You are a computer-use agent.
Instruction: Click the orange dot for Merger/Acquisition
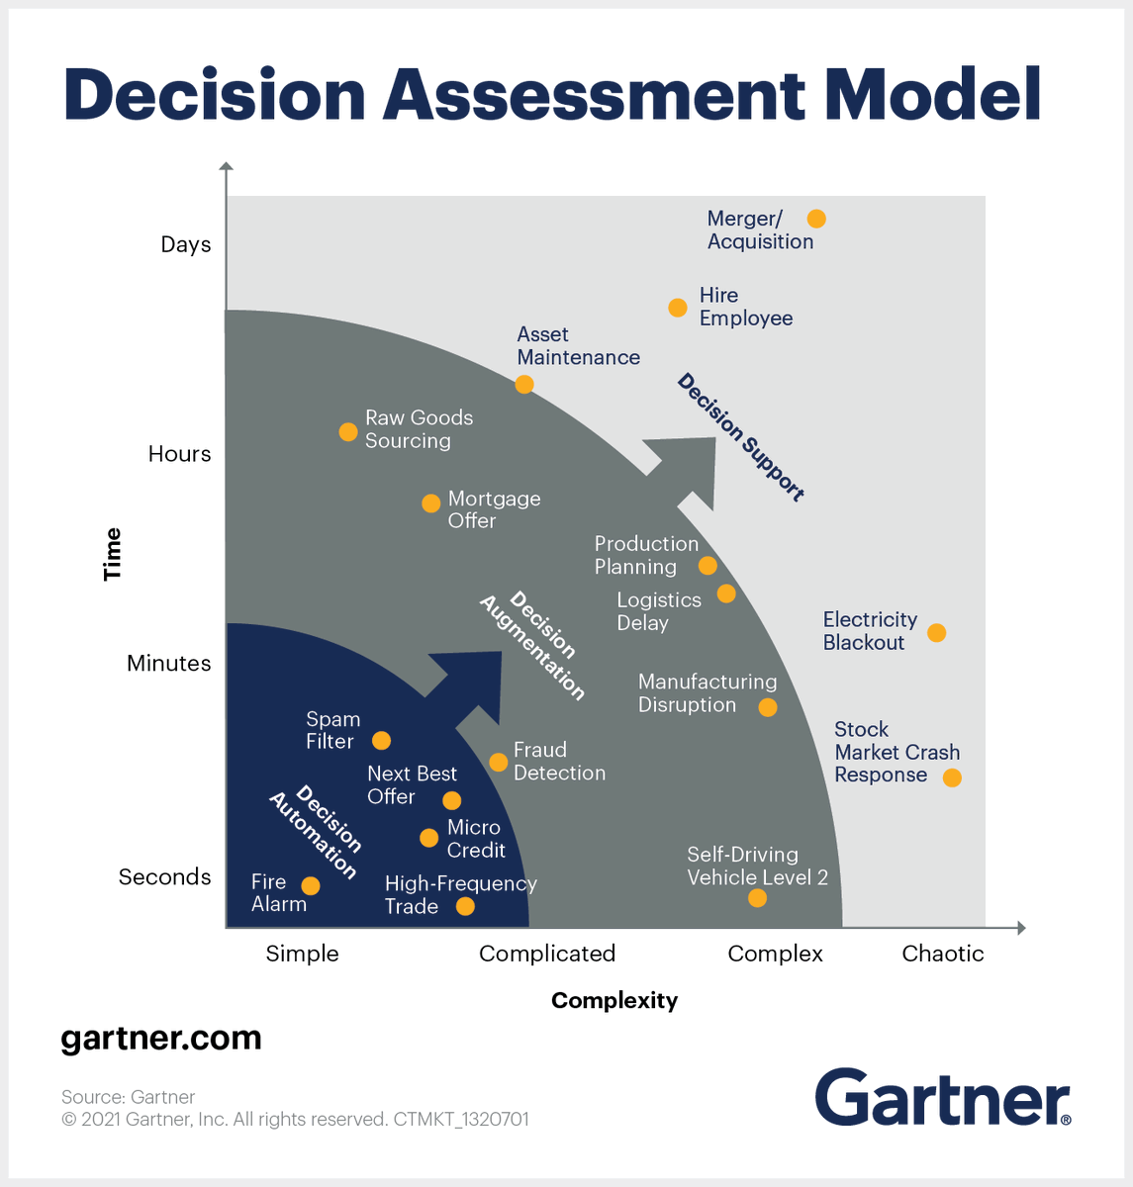[x=816, y=219]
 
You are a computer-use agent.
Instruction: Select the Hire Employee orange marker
[x=678, y=308]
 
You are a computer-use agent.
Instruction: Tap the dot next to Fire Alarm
[x=311, y=886]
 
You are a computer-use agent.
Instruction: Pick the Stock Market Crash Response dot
[x=952, y=777]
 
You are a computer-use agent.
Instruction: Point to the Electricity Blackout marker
[x=936, y=632]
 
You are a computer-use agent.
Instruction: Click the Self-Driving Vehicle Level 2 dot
[x=757, y=898]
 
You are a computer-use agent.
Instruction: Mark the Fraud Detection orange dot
[x=499, y=762]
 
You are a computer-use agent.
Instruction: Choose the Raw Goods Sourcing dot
[x=348, y=432]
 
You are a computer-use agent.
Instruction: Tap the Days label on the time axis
[x=186, y=244]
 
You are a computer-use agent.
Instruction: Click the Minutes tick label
[x=169, y=663]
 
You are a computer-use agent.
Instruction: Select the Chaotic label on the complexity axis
[x=943, y=954]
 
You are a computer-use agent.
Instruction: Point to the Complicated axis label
[x=547, y=954]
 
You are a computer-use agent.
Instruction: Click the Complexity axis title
[x=614, y=1000]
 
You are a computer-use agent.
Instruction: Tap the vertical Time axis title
[x=113, y=554]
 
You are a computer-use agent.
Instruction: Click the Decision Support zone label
[x=741, y=437]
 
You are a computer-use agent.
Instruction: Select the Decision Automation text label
[x=315, y=832]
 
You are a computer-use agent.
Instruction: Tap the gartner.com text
[x=161, y=1039]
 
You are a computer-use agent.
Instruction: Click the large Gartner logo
[x=942, y=1098]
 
